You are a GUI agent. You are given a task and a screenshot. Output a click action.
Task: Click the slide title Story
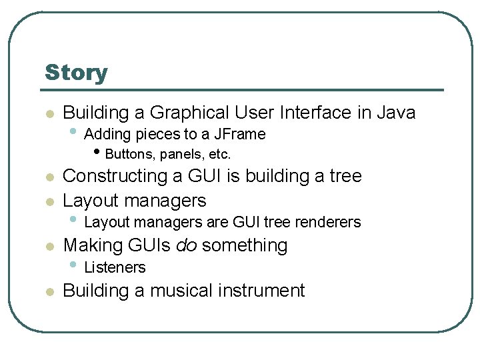tap(76, 73)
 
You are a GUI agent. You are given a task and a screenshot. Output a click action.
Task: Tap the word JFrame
tap(240, 135)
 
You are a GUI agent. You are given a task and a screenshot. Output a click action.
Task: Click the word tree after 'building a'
tap(345, 177)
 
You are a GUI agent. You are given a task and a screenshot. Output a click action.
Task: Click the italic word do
tap(186, 246)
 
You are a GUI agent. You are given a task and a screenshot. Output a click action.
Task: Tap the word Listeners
tap(115, 267)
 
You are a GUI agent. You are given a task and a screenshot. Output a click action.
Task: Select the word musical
tap(179, 291)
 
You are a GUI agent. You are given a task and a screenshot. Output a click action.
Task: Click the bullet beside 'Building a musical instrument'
tap(48, 292)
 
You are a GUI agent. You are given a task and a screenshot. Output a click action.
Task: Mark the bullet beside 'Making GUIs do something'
tap(48, 247)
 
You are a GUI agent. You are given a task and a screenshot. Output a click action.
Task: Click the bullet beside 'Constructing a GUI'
tap(48, 177)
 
